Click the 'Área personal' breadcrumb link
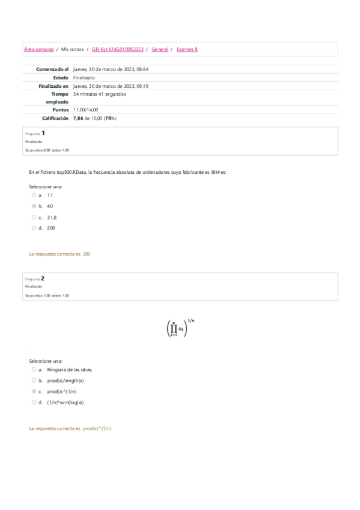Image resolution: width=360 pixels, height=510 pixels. coord(38,49)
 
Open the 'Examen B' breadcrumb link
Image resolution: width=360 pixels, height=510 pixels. coord(187,49)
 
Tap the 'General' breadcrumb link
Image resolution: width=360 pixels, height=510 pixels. coord(160,49)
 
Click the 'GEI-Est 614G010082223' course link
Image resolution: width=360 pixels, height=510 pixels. coord(118,49)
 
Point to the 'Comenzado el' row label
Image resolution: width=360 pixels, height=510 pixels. coord(52,69)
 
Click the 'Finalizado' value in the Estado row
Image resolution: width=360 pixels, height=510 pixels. coord(83,78)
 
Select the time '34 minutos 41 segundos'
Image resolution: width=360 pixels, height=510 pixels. coord(100,94)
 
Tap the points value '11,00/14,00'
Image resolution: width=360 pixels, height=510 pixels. coord(86,110)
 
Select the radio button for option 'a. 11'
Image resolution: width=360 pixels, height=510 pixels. coord(34,195)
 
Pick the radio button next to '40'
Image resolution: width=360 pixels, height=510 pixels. coord(34,206)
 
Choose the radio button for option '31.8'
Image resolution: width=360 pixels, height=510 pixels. coord(34,217)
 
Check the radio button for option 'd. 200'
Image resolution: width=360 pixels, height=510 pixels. coord(34,228)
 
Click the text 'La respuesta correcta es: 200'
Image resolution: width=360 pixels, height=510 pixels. coord(59,254)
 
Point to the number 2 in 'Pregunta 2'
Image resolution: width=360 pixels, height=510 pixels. coord(43,278)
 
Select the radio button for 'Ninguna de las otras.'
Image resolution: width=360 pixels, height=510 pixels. coord(34,370)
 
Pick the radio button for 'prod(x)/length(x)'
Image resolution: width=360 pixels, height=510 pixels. coord(34,381)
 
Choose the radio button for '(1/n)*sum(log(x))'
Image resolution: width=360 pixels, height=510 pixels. coord(34,402)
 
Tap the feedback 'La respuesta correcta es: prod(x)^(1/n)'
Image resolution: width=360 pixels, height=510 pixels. coord(70,428)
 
